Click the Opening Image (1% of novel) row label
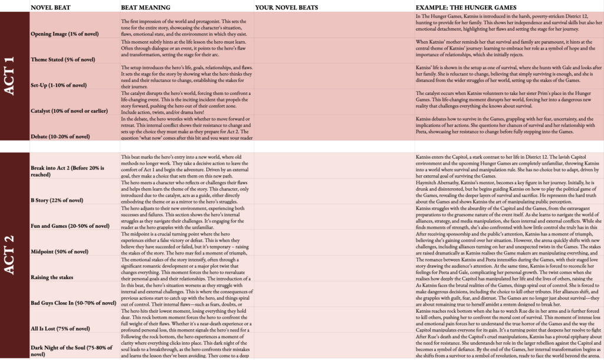(65, 34)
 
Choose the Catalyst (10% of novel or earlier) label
(73, 110)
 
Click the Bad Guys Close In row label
(73, 303)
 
